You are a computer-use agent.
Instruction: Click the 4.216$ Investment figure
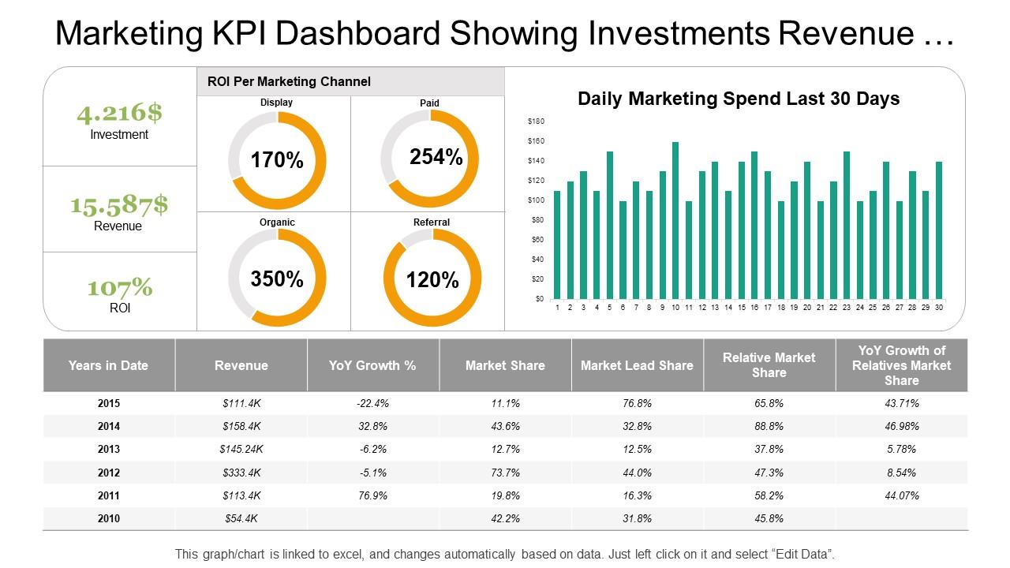click(x=119, y=113)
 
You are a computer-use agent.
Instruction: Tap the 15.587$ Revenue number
click(x=119, y=204)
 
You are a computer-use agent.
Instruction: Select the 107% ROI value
click(x=120, y=287)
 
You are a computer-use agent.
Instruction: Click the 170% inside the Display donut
click(x=277, y=160)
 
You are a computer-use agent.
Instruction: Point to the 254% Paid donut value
click(x=436, y=157)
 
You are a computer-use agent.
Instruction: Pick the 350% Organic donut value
click(x=277, y=278)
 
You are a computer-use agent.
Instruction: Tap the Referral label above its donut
click(x=432, y=222)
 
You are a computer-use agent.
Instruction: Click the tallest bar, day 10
click(x=675, y=220)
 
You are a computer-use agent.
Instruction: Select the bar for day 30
click(x=939, y=230)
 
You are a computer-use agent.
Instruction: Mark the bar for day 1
click(x=557, y=245)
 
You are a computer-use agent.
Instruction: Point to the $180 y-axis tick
click(x=536, y=121)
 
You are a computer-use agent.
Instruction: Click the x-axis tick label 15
click(x=742, y=308)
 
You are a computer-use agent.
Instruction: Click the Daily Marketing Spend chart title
click(x=739, y=99)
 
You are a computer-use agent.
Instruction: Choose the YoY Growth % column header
click(x=372, y=365)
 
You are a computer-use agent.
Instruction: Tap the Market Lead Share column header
click(x=637, y=365)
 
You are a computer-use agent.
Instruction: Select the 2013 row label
click(x=109, y=449)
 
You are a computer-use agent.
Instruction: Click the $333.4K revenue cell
click(x=241, y=473)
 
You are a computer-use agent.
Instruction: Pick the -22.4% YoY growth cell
click(x=372, y=403)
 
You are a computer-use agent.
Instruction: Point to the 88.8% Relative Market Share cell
click(x=769, y=426)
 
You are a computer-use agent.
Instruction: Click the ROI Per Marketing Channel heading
click(x=289, y=81)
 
